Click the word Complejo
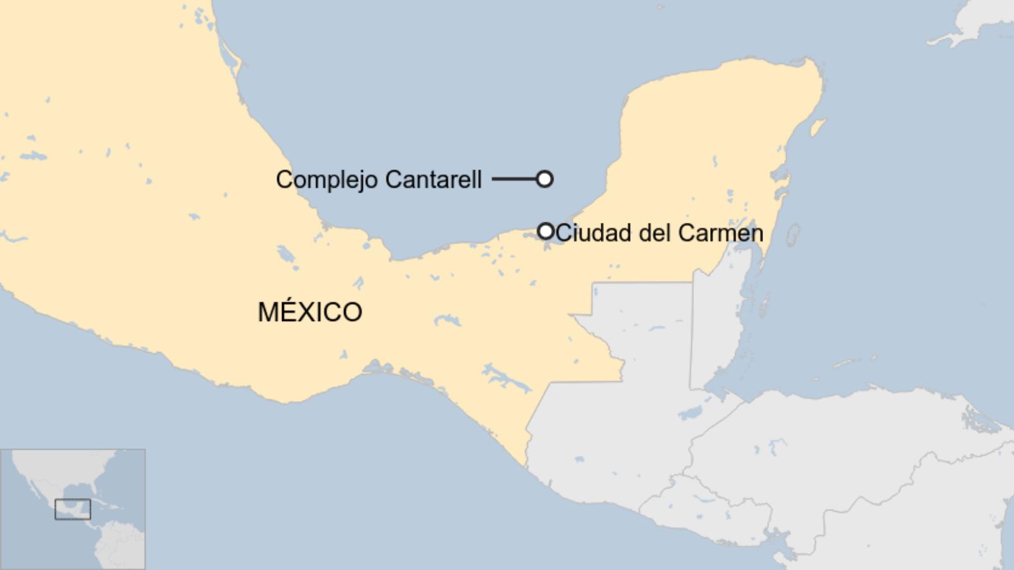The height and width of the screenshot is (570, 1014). coord(326,180)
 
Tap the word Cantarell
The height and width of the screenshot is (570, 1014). coord(433,179)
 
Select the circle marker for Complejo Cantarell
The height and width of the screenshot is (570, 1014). coord(544,179)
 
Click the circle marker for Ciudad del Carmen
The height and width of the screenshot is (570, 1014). coord(546,231)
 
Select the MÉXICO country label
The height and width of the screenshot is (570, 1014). coord(310,312)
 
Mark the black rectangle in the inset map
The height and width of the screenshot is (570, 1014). coord(73,509)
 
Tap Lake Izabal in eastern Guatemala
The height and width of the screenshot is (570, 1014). coord(691,412)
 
